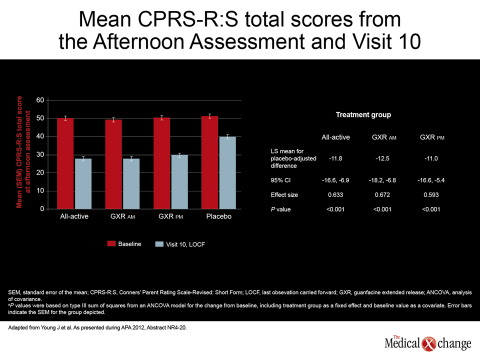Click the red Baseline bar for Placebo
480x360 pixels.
pyautogui.click(x=209, y=162)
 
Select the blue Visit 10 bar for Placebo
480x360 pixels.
pyautogui.click(x=228, y=173)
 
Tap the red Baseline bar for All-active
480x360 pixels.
pyautogui.click(x=65, y=164)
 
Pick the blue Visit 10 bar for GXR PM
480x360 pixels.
pyautogui.click(x=179, y=182)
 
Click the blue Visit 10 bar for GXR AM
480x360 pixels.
pyautogui.click(x=131, y=184)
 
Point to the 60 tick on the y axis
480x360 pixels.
pyautogui.click(x=40, y=100)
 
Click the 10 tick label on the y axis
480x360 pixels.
pyautogui.click(x=40, y=190)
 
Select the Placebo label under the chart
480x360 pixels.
pyautogui.click(x=219, y=216)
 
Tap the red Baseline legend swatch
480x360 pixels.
pyautogui.click(x=111, y=243)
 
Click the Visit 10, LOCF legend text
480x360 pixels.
pyautogui.click(x=185, y=244)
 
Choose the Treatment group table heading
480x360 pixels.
pyautogui.click(x=363, y=115)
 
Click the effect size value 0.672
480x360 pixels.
pyautogui.click(x=382, y=194)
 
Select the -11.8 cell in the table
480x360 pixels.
pyautogui.click(x=335, y=158)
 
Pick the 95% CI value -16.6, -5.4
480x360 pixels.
pyautogui.click(x=431, y=180)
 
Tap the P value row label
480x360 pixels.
pyautogui.click(x=280, y=209)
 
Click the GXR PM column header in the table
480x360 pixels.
pyautogui.click(x=432, y=137)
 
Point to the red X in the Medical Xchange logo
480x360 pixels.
pyautogui.click(x=428, y=344)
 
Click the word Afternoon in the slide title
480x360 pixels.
pyautogui.click(x=139, y=41)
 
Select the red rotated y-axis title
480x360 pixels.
pyautogui.click(x=23, y=152)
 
